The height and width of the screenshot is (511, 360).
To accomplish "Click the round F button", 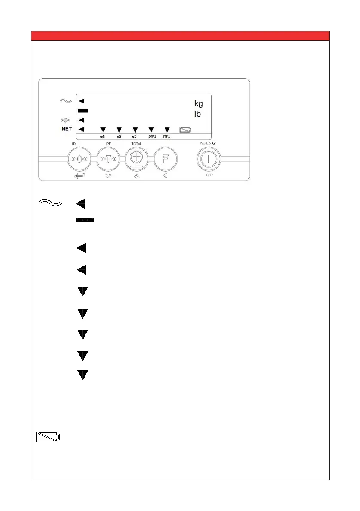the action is coord(165,159).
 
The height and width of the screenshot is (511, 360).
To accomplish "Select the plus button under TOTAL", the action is coord(136,158).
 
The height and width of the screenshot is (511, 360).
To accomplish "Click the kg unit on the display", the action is coord(198,103).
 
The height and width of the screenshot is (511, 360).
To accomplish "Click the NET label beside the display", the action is coord(66,129).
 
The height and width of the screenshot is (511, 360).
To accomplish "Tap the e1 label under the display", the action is coord(103,136).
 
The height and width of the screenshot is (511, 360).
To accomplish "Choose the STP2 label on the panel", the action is coord(167,136).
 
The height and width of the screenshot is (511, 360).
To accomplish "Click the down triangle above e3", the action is coord(135,129).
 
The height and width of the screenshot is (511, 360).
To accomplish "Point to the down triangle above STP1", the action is coord(151,129).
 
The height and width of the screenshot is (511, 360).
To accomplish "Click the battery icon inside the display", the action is coord(186,129).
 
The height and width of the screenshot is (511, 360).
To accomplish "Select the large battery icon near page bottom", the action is coord(48,438).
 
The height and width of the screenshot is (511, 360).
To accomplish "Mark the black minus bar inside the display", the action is coord(83,111).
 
